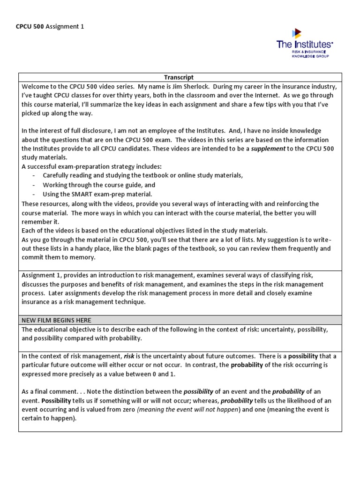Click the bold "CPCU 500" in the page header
click(x=30, y=26)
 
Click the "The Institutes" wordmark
click(x=304, y=45)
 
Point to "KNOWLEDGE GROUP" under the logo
click(x=310, y=56)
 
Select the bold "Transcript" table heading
click(x=179, y=77)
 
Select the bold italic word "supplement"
click(x=268, y=149)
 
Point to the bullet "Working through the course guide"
click(x=99, y=185)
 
